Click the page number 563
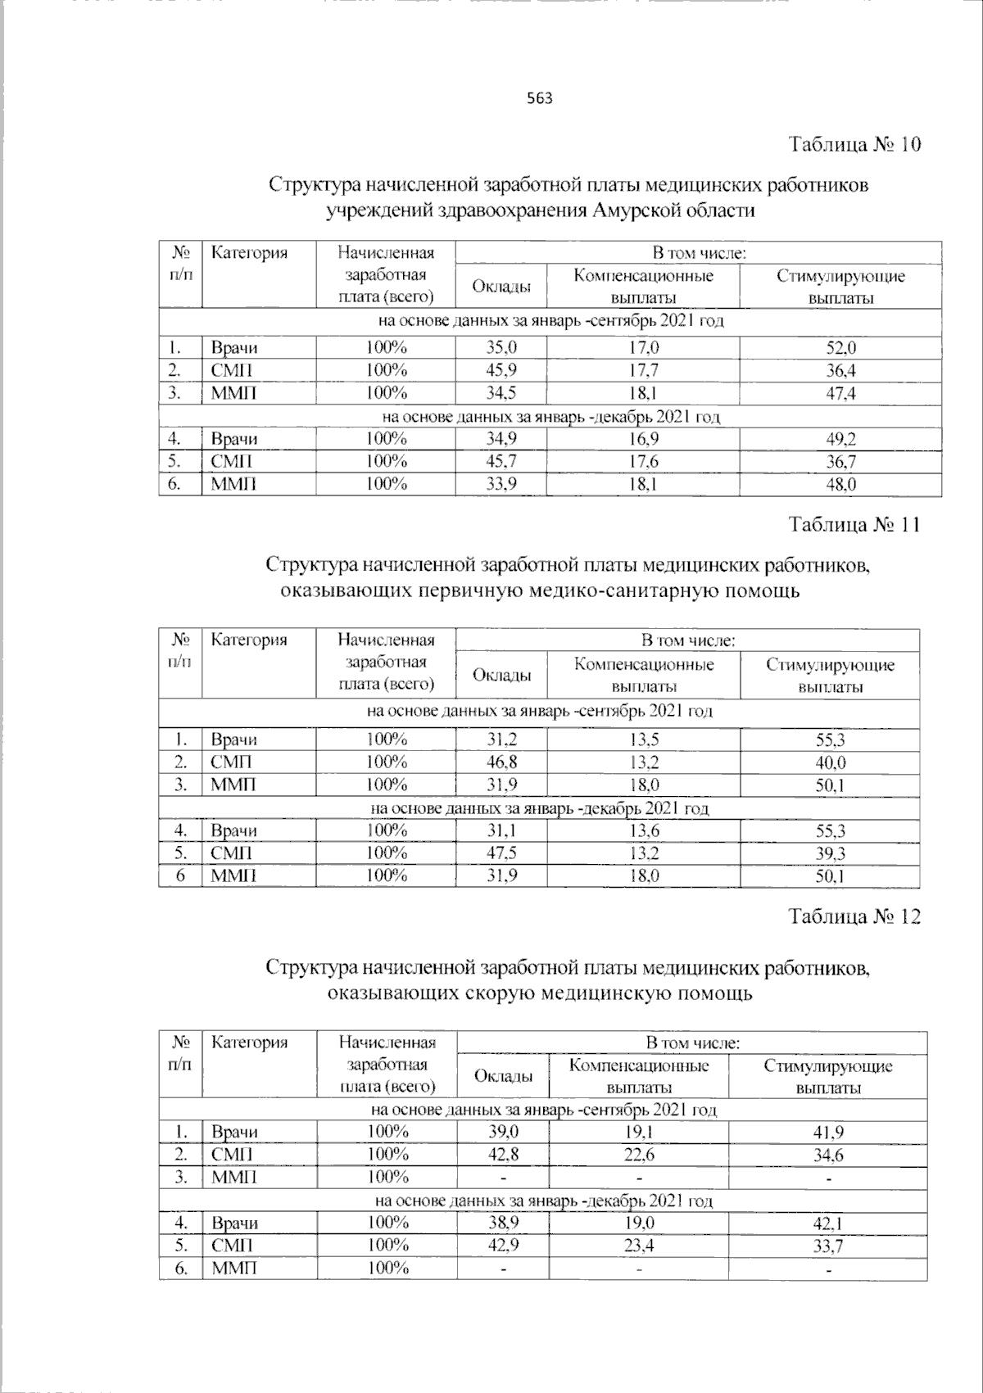[x=539, y=99]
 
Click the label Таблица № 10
[x=854, y=145]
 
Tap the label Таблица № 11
[x=854, y=524]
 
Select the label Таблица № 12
[x=854, y=916]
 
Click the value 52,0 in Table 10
[x=840, y=347]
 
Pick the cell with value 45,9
[x=501, y=370]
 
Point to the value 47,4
[x=840, y=393]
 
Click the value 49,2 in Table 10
[x=840, y=439]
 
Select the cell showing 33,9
[x=501, y=484]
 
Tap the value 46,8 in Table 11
[x=502, y=762]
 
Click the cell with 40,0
[x=830, y=762]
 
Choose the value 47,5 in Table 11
[x=502, y=853]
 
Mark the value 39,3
[x=830, y=853]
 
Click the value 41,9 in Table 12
[x=828, y=1133]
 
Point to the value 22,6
[x=639, y=1155]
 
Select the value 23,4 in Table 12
[x=639, y=1246]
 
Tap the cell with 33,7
[x=828, y=1246]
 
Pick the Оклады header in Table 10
[x=501, y=287]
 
